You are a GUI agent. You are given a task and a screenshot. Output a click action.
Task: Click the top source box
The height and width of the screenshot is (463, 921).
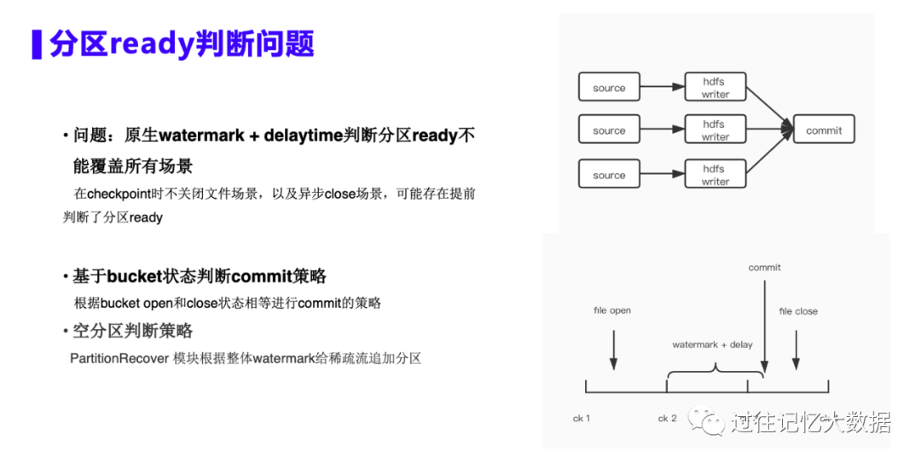pyautogui.click(x=609, y=88)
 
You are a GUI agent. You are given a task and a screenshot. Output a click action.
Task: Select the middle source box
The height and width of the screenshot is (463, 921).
pyautogui.click(x=609, y=130)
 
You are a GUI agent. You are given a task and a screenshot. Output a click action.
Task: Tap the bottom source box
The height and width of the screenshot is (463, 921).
pyautogui.click(x=609, y=175)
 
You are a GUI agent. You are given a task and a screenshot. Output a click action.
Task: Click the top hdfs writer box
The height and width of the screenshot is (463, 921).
pyautogui.click(x=715, y=88)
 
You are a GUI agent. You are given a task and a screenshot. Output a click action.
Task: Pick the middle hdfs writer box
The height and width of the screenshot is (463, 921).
pyautogui.click(x=715, y=130)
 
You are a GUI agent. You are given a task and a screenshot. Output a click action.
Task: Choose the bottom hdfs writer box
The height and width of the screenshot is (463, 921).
pyautogui.click(x=715, y=175)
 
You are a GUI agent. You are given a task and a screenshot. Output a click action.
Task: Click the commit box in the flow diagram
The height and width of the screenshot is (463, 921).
pyautogui.click(x=823, y=130)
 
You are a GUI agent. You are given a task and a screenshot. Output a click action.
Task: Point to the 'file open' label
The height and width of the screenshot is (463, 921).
pyautogui.click(x=612, y=310)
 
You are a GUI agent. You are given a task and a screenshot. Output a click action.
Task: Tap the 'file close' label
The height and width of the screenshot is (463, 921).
pyautogui.click(x=798, y=311)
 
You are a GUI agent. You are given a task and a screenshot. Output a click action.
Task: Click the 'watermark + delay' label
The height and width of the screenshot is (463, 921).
pyautogui.click(x=712, y=344)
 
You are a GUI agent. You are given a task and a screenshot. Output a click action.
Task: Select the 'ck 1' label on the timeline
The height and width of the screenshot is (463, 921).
pyautogui.click(x=582, y=419)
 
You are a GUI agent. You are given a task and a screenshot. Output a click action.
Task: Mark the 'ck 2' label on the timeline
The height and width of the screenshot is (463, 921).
pyautogui.click(x=667, y=419)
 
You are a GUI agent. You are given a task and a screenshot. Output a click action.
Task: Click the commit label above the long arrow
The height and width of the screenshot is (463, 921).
pyautogui.click(x=764, y=268)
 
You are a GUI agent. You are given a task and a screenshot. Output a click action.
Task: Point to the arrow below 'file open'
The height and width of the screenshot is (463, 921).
pyautogui.click(x=613, y=350)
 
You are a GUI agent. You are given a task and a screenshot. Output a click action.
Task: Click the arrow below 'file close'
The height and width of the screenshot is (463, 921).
pyautogui.click(x=796, y=350)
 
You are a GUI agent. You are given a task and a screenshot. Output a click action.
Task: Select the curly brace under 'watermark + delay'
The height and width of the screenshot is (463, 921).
pyautogui.click(x=715, y=372)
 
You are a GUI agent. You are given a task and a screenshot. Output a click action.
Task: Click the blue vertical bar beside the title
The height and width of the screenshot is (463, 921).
pyautogui.click(x=37, y=43)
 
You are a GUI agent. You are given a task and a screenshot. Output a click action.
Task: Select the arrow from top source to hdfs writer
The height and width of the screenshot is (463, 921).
pyautogui.click(x=662, y=86)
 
